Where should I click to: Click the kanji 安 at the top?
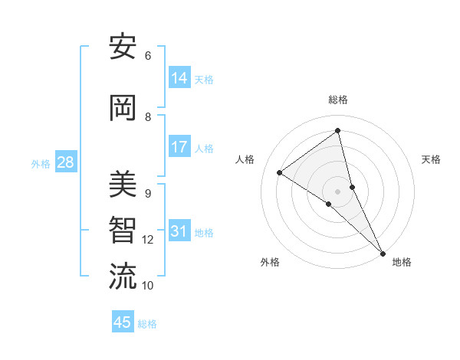(123, 48)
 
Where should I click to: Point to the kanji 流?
(123, 276)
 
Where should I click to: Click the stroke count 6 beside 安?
(148, 56)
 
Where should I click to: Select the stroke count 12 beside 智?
(148, 240)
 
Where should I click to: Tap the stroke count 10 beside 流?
(148, 286)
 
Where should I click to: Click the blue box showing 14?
(179, 78)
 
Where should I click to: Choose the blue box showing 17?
(179, 147)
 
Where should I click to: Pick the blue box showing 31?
(179, 231)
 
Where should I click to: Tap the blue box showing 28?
(65, 162)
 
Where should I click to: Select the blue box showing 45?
(123, 322)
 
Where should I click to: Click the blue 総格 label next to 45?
(147, 324)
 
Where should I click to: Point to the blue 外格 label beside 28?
(40, 163)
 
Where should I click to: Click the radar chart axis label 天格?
(432, 159)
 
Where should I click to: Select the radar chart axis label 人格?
(245, 159)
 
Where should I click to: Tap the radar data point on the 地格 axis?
(383, 252)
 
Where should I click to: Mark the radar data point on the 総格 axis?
(338, 131)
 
